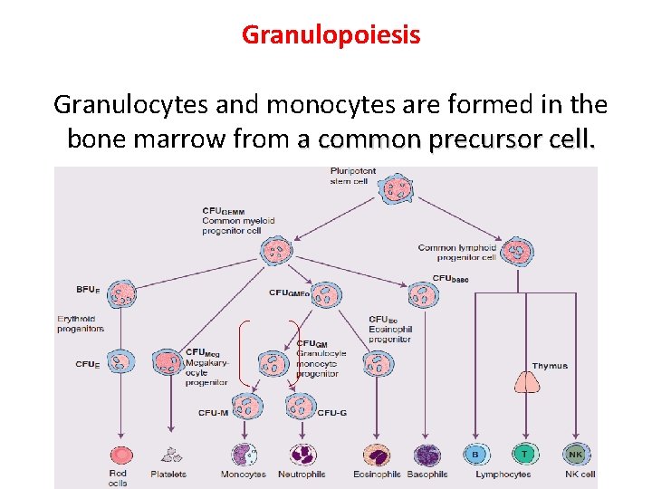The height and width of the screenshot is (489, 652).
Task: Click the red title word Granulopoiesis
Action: [x=331, y=35]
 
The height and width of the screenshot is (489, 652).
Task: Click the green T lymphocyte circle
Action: [x=523, y=455]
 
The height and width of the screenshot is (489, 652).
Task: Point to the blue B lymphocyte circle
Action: [x=476, y=455]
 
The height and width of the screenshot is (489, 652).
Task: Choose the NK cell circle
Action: [x=575, y=455]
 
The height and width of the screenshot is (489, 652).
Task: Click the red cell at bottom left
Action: [x=120, y=455]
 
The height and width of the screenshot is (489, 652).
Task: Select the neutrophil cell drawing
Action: [x=301, y=455]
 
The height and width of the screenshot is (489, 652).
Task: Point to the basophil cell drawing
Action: [x=426, y=455]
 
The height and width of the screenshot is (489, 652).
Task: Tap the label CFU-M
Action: [x=213, y=413]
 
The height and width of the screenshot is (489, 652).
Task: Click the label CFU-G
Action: [x=331, y=413]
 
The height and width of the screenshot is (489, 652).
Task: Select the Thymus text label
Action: [x=550, y=366]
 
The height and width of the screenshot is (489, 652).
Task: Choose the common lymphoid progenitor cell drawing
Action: [x=517, y=250]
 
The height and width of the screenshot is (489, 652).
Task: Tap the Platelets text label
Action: [x=168, y=474]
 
